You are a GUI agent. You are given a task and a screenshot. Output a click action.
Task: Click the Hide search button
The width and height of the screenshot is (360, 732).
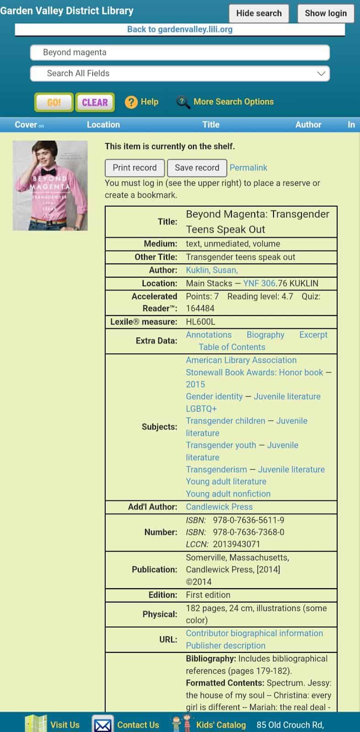(258, 13)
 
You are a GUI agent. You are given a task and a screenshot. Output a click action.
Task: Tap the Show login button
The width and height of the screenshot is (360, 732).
(326, 13)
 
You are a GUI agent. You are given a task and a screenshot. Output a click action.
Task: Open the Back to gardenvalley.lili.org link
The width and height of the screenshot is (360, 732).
(180, 29)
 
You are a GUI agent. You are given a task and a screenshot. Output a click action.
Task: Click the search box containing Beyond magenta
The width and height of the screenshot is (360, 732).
(180, 53)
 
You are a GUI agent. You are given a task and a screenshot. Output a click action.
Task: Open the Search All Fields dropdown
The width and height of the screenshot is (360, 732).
(180, 73)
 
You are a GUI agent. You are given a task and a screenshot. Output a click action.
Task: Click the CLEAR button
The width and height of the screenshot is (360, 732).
(95, 102)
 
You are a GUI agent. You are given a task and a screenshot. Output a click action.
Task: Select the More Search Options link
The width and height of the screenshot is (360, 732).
(233, 102)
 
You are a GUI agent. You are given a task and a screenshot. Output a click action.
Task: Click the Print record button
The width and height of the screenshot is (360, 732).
(134, 168)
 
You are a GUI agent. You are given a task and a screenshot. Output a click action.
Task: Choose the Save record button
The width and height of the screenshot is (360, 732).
(197, 168)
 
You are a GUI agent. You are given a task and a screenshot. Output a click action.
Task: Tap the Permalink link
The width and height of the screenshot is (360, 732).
(248, 168)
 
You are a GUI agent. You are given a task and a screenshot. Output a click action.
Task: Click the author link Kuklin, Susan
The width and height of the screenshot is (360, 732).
(212, 270)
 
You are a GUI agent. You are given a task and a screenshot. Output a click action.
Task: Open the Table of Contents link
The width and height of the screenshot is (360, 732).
(232, 347)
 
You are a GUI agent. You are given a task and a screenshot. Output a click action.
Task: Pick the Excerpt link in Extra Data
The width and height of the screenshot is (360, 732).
(313, 335)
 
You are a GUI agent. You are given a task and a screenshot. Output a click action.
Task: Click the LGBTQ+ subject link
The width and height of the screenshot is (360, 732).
(201, 409)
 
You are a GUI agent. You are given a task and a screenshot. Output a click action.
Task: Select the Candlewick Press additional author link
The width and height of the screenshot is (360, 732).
(219, 507)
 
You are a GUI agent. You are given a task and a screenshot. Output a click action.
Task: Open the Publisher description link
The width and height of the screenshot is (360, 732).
(226, 646)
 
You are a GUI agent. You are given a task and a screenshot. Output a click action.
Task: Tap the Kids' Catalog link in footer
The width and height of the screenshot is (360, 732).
(220, 725)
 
